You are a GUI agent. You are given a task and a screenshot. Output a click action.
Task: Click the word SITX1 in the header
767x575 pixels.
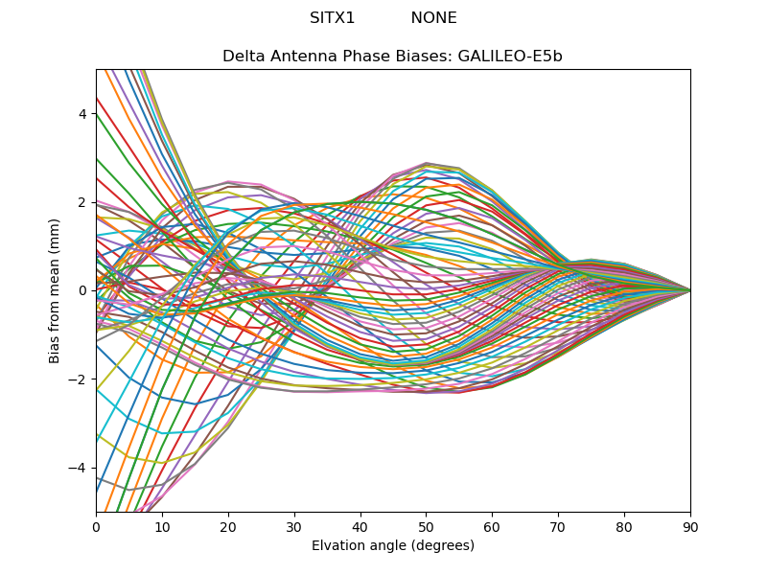point(332,18)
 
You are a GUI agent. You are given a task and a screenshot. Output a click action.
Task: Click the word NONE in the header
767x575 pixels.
point(433,18)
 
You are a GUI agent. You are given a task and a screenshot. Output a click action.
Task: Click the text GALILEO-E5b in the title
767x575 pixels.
point(511,57)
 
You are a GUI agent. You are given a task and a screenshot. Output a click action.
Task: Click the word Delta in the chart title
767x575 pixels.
point(243,57)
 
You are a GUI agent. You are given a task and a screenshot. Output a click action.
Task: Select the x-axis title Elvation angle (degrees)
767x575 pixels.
point(393,546)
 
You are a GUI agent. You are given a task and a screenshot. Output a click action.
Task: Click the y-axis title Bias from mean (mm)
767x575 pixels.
point(55,289)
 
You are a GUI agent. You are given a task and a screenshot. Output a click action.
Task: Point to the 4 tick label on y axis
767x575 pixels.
point(82,114)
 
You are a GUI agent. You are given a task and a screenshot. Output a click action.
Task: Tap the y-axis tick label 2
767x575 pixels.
point(82,202)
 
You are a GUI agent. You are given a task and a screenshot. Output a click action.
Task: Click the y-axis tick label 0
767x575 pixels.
point(82,290)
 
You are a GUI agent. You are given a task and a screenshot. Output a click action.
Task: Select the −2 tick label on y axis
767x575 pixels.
point(79,379)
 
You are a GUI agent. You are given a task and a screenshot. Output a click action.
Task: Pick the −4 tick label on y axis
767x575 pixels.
point(79,468)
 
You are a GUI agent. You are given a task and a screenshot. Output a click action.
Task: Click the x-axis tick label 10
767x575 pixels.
point(162,526)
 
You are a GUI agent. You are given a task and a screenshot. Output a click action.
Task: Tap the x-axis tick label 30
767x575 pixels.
point(294,526)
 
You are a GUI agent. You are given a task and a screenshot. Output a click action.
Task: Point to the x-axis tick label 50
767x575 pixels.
point(426,526)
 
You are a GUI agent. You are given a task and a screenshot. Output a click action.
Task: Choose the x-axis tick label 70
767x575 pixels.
point(558,526)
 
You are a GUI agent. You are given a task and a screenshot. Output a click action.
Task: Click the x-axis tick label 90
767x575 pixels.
point(690,526)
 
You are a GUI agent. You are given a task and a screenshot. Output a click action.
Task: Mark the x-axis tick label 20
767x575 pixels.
point(228,526)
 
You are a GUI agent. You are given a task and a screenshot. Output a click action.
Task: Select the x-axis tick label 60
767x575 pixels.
point(492,526)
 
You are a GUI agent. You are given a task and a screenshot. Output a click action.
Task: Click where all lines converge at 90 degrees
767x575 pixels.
point(689,290)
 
